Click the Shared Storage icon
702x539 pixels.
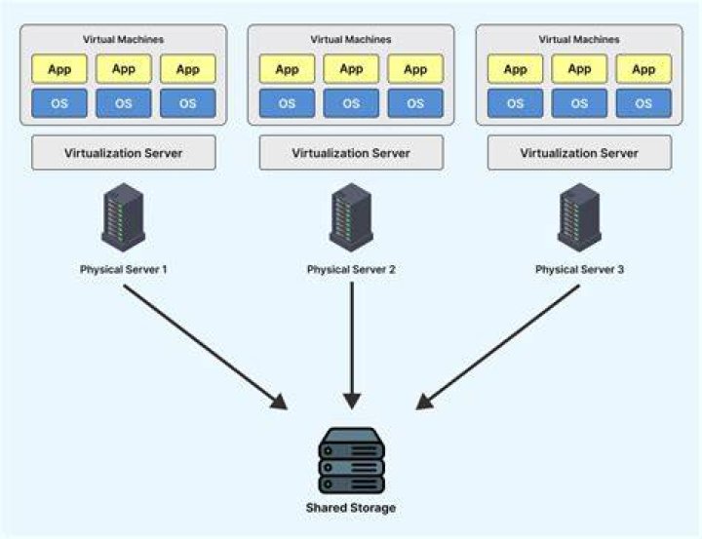pos(351,460)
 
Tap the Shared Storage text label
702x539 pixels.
pos(351,508)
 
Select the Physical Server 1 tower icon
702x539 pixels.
pos(123,217)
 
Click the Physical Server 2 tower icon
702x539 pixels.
pos(351,217)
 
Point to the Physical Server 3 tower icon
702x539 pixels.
pos(579,217)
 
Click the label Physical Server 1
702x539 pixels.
pos(123,269)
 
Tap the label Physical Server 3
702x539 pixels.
pos(579,269)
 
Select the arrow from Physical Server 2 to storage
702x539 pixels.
pos(352,346)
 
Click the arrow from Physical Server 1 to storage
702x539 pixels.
pos(206,347)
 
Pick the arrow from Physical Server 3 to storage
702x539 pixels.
pos(497,347)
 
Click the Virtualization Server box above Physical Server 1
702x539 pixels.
pos(124,153)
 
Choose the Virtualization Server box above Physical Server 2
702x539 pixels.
pos(351,153)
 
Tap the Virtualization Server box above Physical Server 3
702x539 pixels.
pos(579,153)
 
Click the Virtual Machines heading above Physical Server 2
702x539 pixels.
pos(351,39)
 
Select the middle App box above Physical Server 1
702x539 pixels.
pos(124,69)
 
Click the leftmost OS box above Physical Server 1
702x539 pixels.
pos(59,103)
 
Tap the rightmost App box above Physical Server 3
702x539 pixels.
pos(643,69)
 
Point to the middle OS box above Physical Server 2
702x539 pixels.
pos(351,103)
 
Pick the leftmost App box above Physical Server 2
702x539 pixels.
pos(287,69)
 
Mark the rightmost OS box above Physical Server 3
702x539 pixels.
pos(643,103)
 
